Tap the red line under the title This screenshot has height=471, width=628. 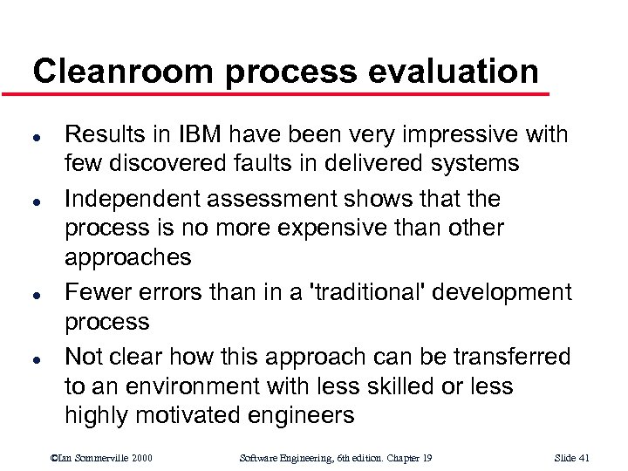pyautogui.click(x=288, y=92)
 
